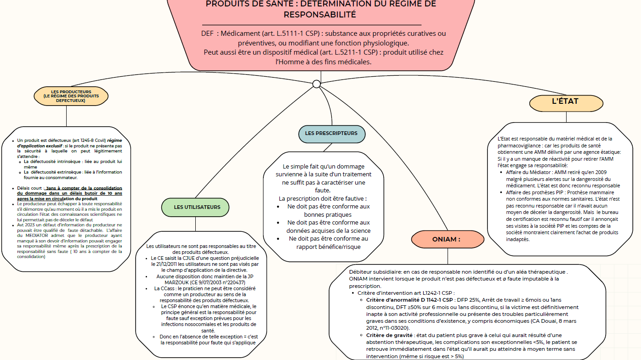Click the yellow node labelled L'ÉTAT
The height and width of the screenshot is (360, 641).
click(565, 102)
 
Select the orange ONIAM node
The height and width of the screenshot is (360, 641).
click(446, 239)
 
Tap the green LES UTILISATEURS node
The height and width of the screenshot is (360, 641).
click(197, 207)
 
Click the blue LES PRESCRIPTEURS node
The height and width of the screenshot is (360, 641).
click(331, 134)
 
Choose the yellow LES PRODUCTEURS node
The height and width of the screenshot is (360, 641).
click(71, 96)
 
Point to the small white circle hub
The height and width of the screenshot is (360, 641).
click(316, 84)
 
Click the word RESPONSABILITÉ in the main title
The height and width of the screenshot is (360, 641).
click(320, 14)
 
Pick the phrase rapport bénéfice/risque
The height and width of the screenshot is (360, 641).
click(328, 247)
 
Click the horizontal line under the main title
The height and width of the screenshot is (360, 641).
click(312, 25)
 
